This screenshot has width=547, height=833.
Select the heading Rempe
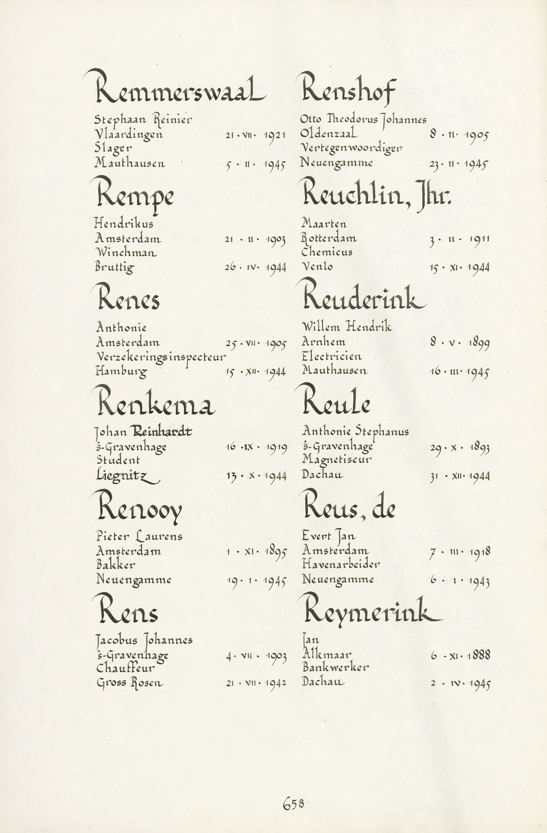pyautogui.click(x=135, y=196)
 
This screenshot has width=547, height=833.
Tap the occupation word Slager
pyautogui.click(x=113, y=149)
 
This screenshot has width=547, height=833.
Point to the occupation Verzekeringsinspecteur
pyautogui.click(x=161, y=357)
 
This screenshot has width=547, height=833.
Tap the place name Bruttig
pyautogui.click(x=115, y=267)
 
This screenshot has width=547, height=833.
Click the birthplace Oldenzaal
pyautogui.click(x=329, y=134)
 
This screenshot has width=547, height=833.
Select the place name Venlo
pyautogui.click(x=317, y=267)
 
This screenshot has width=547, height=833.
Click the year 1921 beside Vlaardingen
pyautogui.click(x=275, y=135)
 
